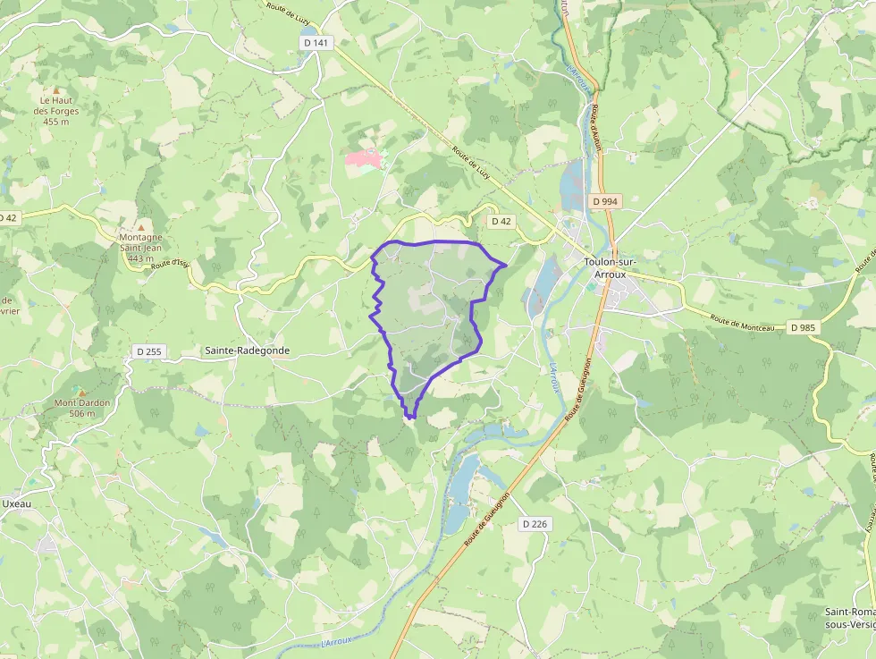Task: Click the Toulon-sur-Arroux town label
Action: [611, 268]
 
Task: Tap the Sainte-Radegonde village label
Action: [247, 351]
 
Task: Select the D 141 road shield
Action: [316, 42]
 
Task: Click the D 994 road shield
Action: [605, 202]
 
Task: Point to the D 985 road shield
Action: [804, 328]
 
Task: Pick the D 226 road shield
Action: [534, 524]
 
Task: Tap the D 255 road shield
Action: [148, 351]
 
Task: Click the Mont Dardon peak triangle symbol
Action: [82, 392]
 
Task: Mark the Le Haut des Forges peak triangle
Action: [55, 90]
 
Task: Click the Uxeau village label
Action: [17, 503]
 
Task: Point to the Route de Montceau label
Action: [742, 323]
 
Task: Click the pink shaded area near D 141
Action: [363, 158]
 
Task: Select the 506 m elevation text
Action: [81, 414]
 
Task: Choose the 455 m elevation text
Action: [55, 123]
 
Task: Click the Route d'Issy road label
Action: [171, 263]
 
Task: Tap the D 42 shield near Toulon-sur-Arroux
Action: [501, 221]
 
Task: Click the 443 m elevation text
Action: [141, 258]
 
